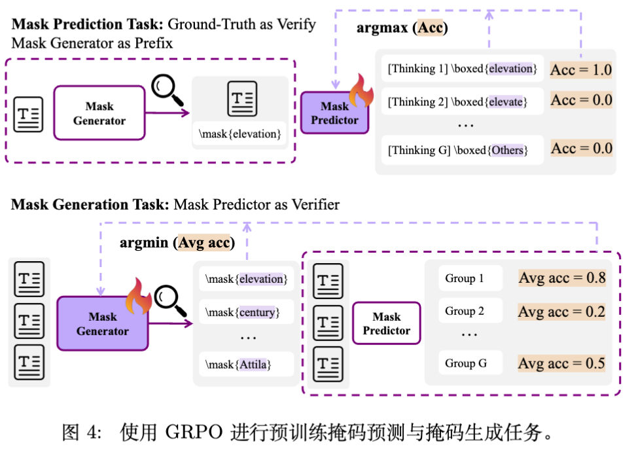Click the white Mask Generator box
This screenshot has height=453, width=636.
click(x=99, y=113)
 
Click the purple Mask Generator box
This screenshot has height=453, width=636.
click(x=102, y=323)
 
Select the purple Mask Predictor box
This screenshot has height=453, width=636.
click(x=334, y=113)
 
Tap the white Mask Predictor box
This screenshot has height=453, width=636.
click(x=386, y=323)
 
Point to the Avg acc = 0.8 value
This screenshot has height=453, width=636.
click(x=562, y=278)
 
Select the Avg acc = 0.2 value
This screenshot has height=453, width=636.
click(x=562, y=312)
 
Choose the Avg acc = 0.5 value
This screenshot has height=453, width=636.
click(x=562, y=363)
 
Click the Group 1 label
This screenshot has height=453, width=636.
click(x=465, y=278)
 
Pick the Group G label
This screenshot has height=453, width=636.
click(x=466, y=363)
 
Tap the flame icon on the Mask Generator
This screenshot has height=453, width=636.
click(x=137, y=295)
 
